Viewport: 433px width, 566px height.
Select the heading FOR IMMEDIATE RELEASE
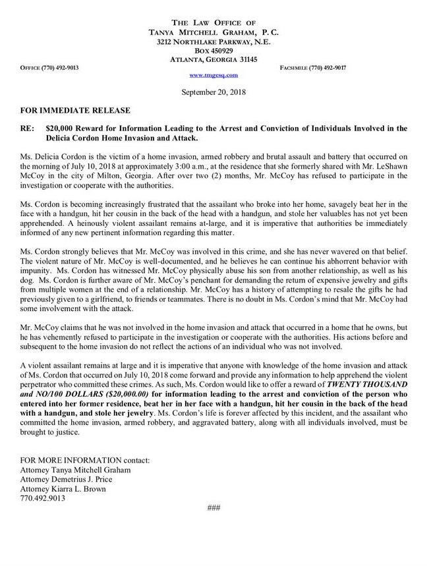click(65, 109)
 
